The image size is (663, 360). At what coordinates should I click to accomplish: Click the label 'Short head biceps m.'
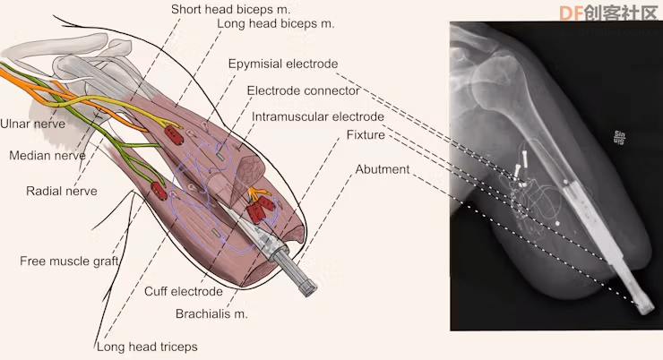click(x=230, y=9)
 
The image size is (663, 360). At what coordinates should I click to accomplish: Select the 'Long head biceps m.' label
click(x=276, y=23)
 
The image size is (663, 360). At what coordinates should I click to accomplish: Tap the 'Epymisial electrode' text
click(x=283, y=64)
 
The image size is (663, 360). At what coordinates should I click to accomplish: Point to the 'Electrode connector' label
click(x=303, y=90)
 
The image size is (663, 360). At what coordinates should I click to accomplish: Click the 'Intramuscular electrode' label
click(x=317, y=117)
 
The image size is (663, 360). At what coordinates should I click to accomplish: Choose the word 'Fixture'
click(x=366, y=135)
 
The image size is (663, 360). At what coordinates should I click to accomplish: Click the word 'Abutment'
click(x=383, y=169)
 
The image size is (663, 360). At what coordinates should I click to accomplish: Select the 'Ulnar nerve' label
click(x=32, y=124)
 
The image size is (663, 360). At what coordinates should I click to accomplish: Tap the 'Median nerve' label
click(x=47, y=156)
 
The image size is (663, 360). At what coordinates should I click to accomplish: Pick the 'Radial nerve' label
click(x=62, y=191)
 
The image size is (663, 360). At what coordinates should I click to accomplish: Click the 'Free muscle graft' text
click(x=69, y=261)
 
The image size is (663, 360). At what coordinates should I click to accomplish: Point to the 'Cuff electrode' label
click(x=184, y=292)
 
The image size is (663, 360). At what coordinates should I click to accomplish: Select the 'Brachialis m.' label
click(x=211, y=314)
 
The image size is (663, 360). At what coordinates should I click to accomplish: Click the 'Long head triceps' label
click(x=147, y=347)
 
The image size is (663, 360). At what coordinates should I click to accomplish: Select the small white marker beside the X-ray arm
click(x=619, y=138)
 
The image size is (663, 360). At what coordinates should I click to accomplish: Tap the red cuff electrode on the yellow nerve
click(x=174, y=135)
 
